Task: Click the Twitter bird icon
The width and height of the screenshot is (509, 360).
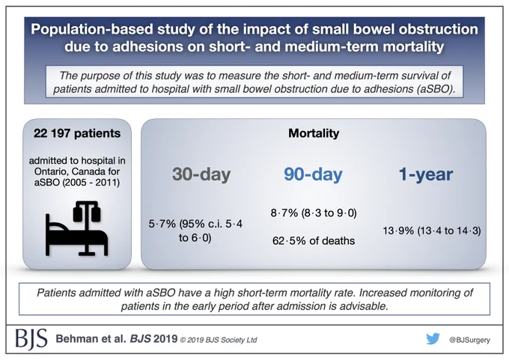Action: tap(433, 339)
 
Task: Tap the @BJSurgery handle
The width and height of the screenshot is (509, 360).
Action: tap(469, 340)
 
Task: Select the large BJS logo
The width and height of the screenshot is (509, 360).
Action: tap(31, 339)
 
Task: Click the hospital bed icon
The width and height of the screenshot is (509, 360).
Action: tap(77, 228)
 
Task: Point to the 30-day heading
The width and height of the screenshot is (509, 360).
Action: tap(201, 174)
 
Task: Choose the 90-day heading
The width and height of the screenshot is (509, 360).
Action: tap(313, 174)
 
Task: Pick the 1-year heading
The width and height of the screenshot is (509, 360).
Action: tap(426, 174)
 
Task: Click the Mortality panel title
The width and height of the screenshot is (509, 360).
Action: tap(314, 133)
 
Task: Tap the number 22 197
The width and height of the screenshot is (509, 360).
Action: tap(52, 133)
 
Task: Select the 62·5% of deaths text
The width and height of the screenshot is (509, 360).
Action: tap(314, 241)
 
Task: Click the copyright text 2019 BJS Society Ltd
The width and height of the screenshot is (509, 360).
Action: tap(222, 340)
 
